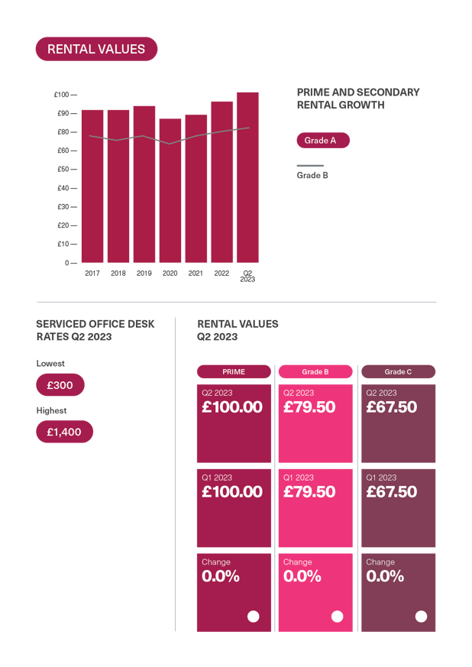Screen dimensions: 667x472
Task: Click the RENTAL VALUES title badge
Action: point(96,49)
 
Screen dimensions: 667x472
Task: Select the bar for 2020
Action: point(170,191)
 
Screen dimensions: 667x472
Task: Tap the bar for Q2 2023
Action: point(247,177)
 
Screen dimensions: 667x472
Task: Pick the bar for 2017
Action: point(92,186)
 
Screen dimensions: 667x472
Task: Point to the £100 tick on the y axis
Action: point(62,95)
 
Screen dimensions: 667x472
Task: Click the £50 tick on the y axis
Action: point(62,169)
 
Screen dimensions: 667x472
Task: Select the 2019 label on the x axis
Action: point(144,273)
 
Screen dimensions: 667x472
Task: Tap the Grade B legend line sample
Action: point(310,166)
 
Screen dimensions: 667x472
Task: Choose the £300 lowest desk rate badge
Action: point(60,385)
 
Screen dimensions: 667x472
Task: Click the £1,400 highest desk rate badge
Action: point(64,432)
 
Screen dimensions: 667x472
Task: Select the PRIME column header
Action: point(234,372)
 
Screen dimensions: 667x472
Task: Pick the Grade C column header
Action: point(398,372)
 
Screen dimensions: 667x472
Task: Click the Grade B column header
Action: point(315,372)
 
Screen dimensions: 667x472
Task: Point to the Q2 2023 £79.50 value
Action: point(309,407)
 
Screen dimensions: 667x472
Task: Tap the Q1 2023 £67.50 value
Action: point(392,492)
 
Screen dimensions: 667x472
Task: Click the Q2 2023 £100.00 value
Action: point(232,407)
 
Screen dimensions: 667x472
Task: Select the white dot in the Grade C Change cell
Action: point(421,617)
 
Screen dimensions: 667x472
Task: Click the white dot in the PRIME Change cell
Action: point(254,617)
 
